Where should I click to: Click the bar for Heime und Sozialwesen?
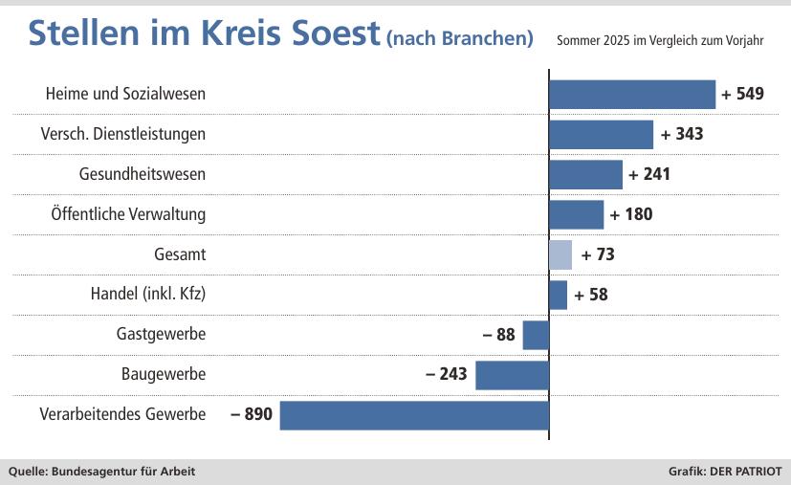coord(631,95)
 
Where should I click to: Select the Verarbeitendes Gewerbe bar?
coord(414,415)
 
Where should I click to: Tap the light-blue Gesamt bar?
coord(560,254)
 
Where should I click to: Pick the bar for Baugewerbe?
coord(512,374)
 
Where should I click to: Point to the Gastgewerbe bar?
coord(536,335)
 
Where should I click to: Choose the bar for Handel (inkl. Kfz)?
coord(558,295)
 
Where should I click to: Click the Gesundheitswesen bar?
coord(585,174)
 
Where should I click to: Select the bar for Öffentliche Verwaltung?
coord(576,214)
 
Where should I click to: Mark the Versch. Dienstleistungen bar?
coord(601,134)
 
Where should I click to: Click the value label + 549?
coord(743,95)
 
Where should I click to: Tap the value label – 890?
coord(252,415)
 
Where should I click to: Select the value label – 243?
coord(447,374)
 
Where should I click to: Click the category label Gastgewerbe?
coord(161,335)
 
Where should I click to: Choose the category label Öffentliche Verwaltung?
coord(128,214)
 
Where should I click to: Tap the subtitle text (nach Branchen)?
coord(459,38)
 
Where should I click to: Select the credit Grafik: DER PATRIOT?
coord(725,472)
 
